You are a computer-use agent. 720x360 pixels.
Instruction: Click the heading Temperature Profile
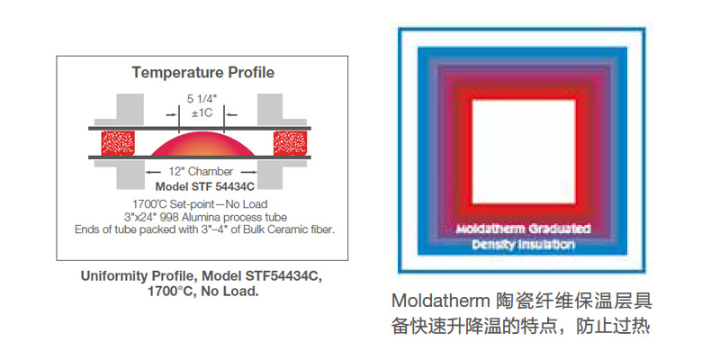[x=203, y=73]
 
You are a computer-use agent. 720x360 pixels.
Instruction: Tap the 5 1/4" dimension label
[x=201, y=99]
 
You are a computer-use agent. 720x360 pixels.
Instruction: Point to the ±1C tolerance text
[x=201, y=112]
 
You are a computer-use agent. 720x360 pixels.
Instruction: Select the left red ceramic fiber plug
[x=118, y=143]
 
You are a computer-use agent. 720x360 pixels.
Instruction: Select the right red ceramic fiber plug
[x=290, y=143]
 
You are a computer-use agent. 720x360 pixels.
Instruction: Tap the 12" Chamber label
[x=201, y=172]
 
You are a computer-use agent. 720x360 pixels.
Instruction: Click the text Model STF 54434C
[x=205, y=186]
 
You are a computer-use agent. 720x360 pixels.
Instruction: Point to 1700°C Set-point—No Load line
[x=200, y=203]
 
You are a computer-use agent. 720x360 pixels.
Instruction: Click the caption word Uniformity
[x=108, y=276]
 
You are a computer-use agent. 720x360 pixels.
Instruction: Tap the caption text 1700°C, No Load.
[x=203, y=291]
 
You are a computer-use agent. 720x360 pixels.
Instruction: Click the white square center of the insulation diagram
[x=524, y=151]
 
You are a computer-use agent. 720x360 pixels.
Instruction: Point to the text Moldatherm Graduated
[x=523, y=229]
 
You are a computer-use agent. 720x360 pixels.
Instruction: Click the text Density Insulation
[x=523, y=245]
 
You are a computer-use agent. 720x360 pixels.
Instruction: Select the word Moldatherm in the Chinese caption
[x=441, y=301]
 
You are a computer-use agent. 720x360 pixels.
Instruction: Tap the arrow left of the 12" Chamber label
[x=154, y=172]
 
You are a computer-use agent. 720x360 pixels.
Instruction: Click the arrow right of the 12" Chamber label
[x=249, y=172]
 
